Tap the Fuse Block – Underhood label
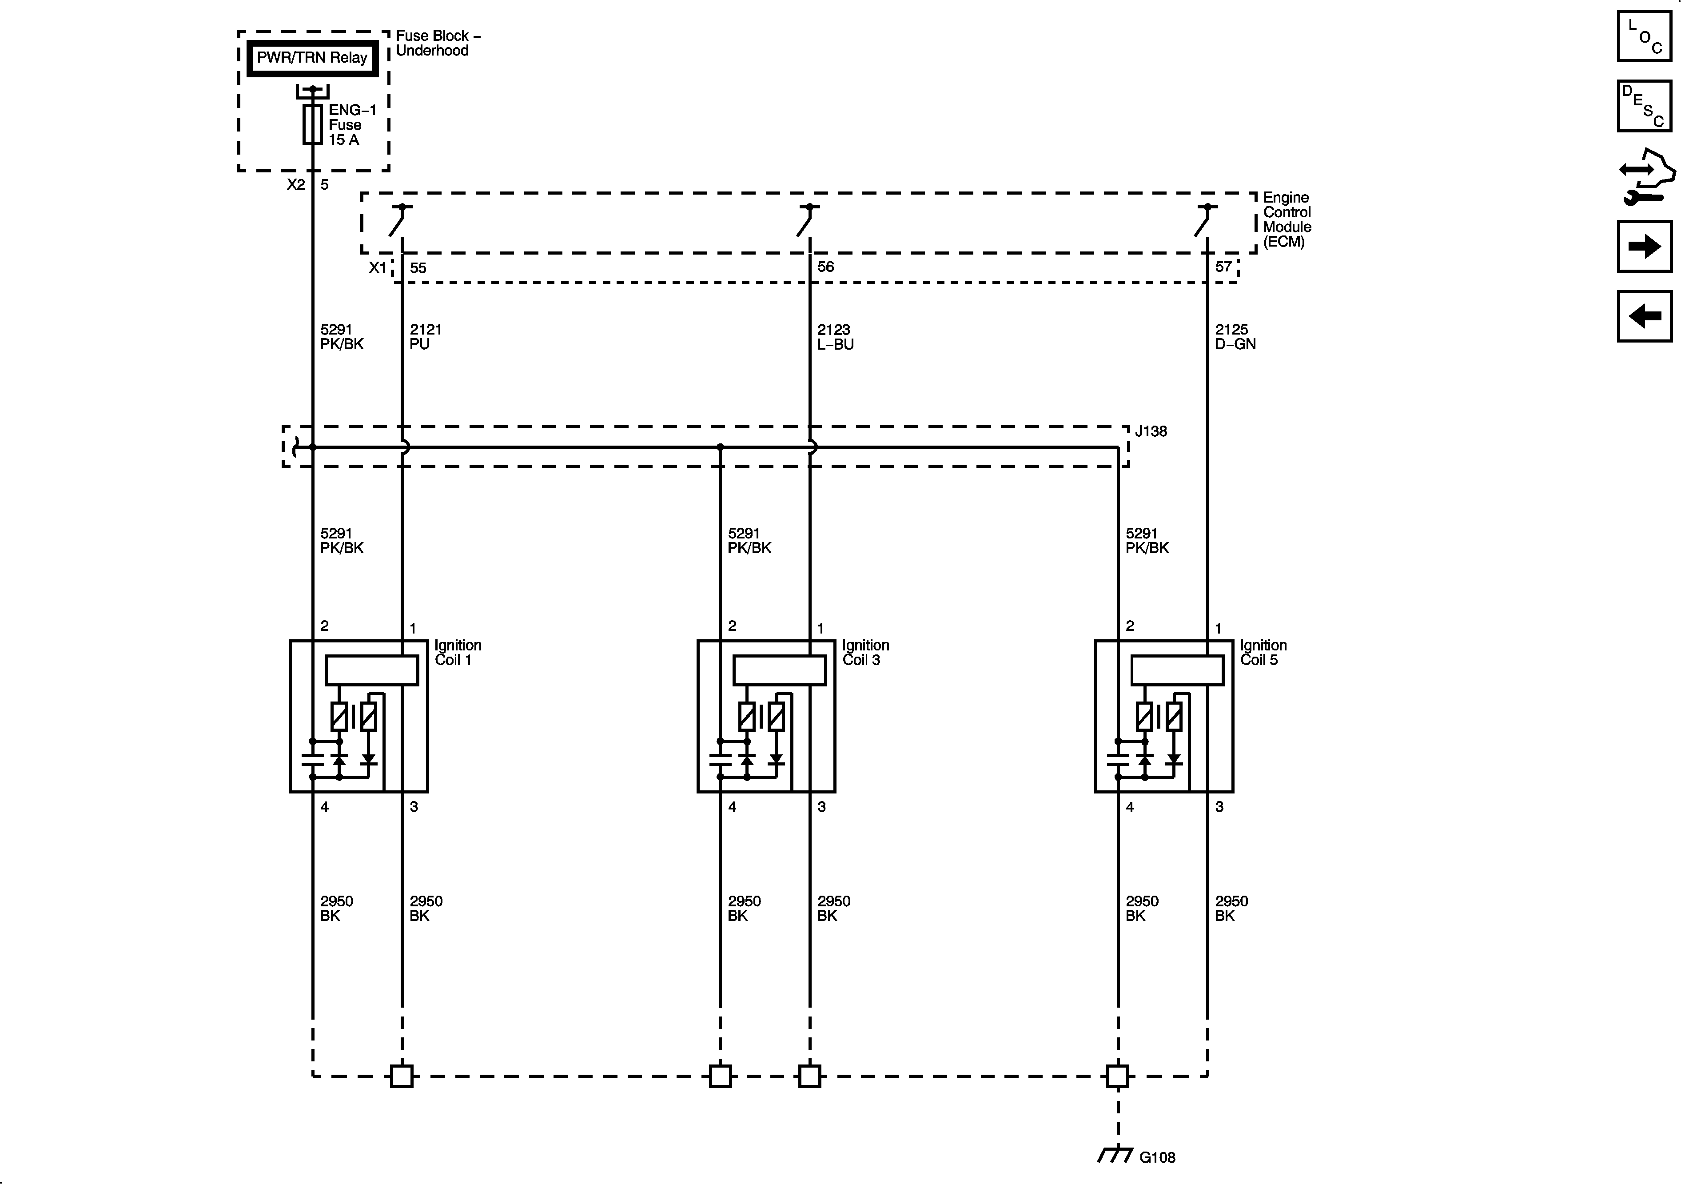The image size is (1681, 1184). click(x=437, y=43)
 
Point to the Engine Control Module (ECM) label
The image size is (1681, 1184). click(x=1287, y=219)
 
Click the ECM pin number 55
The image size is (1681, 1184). click(x=418, y=268)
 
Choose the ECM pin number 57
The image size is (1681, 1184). click(x=1223, y=267)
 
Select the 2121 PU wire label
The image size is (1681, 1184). click(x=426, y=337)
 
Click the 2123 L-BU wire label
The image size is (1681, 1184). click(x=835, y=337)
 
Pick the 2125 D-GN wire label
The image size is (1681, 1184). click(x=1235, y=337)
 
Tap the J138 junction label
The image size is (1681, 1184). click(x=1151, y=431)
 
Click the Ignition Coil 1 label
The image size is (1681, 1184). click(x=458, y=652)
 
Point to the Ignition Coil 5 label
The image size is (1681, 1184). click(x=1263, y=652)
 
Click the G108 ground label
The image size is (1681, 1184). click(x=1158, y=1158)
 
